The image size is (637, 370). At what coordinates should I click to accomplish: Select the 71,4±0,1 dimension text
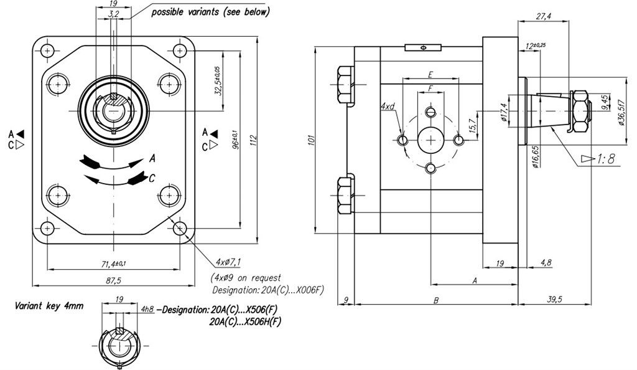point(113,264)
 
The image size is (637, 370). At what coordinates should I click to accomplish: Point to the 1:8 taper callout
point(606,159)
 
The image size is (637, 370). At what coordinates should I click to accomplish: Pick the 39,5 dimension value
point(554,299)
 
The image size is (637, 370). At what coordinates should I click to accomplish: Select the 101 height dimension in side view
point(312,140)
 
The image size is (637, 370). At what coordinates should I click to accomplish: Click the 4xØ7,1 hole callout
point(228,262)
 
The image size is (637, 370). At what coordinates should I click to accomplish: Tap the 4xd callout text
point(388,107)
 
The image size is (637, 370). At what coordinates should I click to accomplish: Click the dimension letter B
point(436,300)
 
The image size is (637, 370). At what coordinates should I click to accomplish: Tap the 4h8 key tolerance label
point(147,310)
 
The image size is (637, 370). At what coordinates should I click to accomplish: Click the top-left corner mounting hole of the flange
point(47,51)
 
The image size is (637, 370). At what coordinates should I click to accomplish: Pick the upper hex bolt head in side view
point(345,85)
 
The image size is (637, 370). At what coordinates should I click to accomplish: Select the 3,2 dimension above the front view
point(114,14)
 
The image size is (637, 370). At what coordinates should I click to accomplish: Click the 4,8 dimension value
point(546,263)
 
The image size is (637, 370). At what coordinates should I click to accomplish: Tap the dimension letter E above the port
point(430,74)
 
